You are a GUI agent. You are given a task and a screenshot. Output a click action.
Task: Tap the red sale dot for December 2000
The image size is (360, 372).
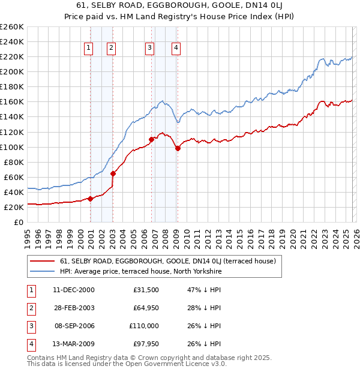click(90, 199)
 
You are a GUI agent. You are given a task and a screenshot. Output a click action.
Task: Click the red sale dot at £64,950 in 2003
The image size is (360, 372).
click(113, 173)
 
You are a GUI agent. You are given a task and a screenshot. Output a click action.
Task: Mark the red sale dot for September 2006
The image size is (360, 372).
click(151, 139)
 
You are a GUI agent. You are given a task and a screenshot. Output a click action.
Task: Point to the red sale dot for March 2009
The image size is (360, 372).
click(178, 148)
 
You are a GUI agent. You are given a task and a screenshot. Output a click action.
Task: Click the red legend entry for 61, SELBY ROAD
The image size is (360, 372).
click(167, 261)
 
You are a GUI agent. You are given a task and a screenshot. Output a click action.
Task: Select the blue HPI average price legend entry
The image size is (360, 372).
click(140, 272)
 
